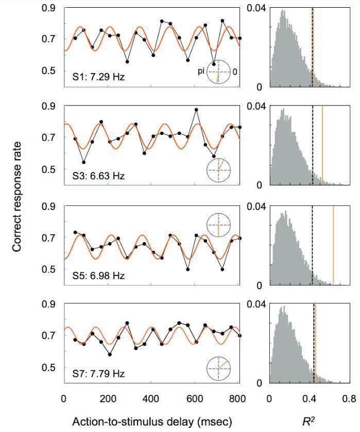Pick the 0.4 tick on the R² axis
click(309, 398)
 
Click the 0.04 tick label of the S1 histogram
click(256, 9)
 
